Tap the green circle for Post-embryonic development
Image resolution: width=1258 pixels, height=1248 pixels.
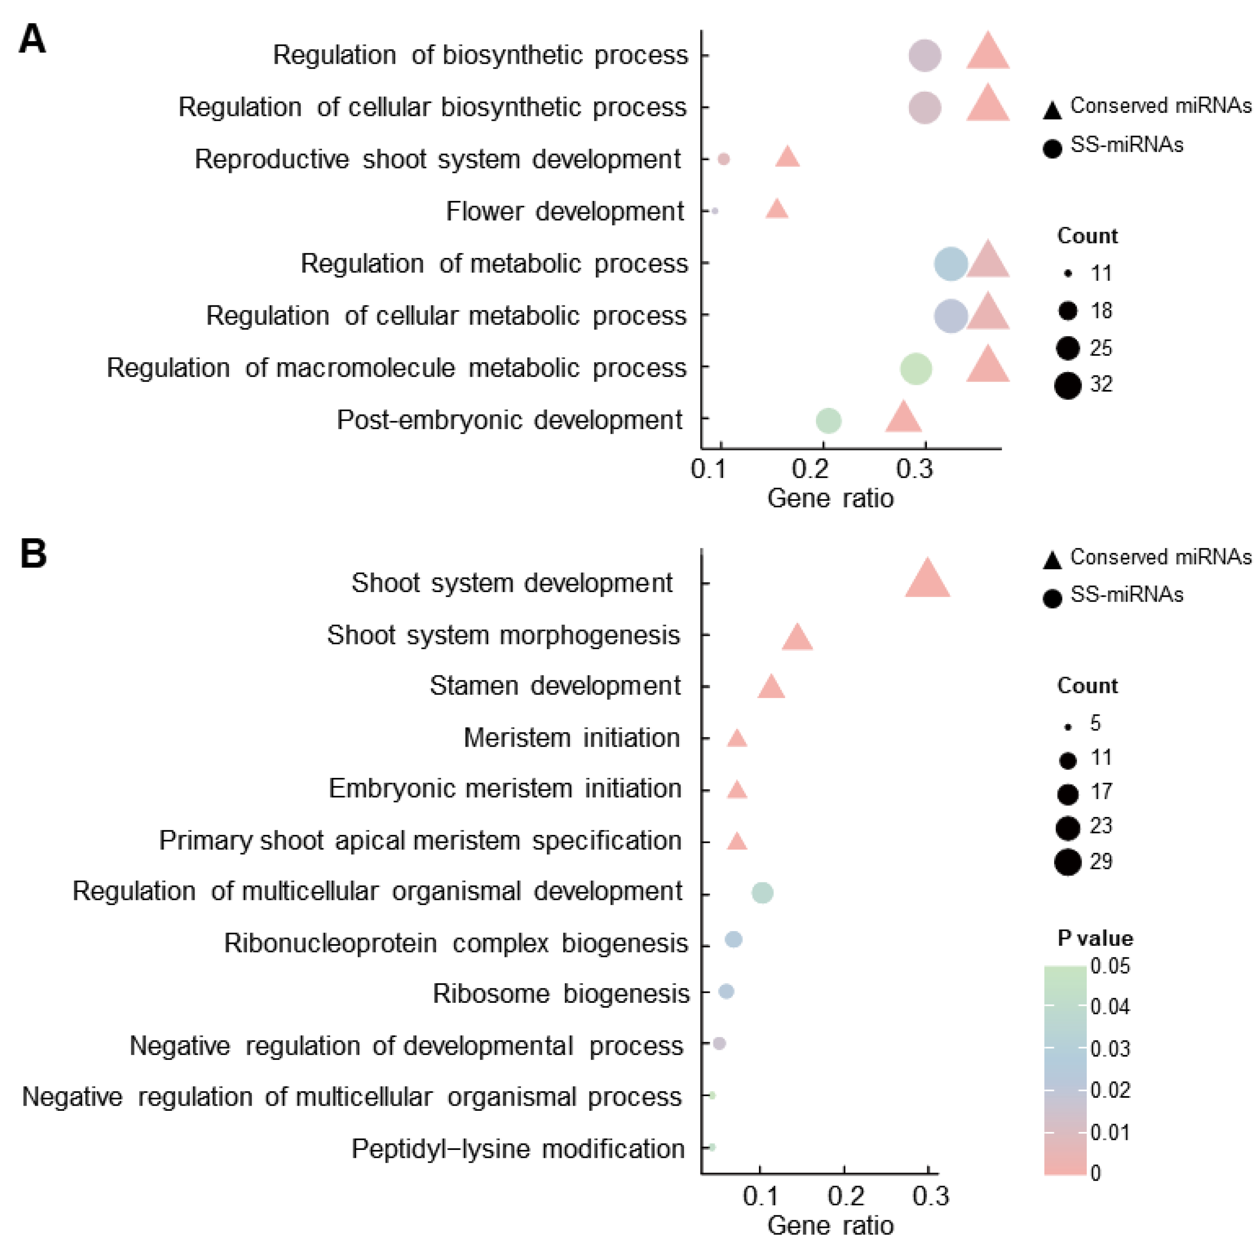[x=828, y=421]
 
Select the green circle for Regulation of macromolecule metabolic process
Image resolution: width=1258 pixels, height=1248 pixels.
[x=915, y=368]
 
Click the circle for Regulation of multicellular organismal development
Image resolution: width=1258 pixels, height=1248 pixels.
[x=763, y=893]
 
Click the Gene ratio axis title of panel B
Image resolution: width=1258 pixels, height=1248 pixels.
[x=830, y=1225]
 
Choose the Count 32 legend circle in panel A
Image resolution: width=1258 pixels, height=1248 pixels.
[x=1068, y=386]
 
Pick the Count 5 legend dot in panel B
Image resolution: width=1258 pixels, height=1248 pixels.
[x=1068, y=726]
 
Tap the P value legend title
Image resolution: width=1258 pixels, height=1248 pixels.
[x=1094, y=938]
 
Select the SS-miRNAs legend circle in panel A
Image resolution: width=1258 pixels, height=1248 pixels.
[x=1052, y=148]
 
